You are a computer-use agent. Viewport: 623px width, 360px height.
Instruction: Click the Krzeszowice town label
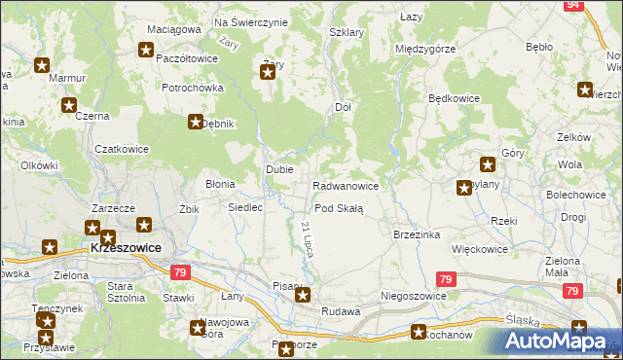(125, 248)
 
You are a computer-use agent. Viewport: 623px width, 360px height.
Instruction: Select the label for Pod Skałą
(339, 209)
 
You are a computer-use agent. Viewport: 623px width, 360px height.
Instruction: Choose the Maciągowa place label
(172, 30)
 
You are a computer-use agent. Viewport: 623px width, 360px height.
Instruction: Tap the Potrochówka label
(193, 88)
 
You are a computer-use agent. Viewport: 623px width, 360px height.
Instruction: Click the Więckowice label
(479, 249)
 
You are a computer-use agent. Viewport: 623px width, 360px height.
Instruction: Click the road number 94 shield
(573, 5)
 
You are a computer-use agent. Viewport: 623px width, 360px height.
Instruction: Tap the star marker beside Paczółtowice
(147, 51)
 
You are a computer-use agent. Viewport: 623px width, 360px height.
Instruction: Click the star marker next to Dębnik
(195, 122)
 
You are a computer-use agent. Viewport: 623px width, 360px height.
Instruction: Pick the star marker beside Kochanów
(419, 332)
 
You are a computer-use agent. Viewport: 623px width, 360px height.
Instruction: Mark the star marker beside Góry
(488, 164)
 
